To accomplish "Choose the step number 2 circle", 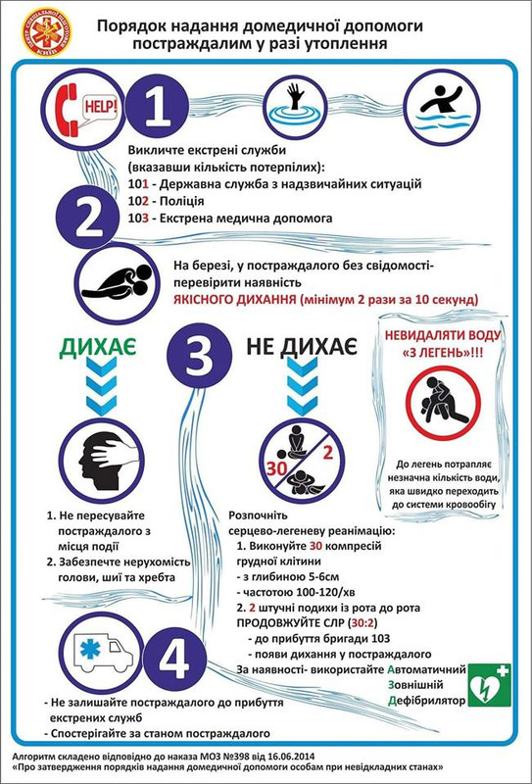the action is pos(87,220).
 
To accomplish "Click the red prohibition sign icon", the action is pos(440,402).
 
